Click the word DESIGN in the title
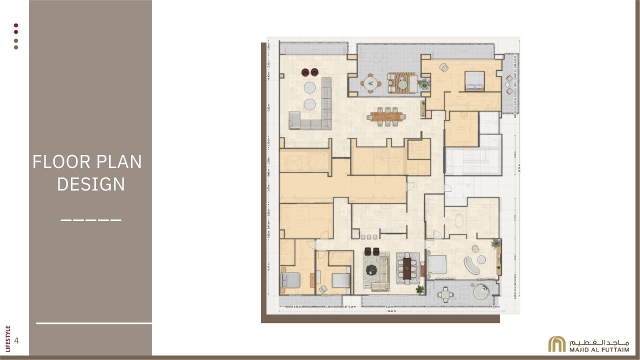tap(90, 184)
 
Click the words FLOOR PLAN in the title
tap(87, 162)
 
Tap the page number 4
tap(17, 341)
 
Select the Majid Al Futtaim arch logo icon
tap(556, 344)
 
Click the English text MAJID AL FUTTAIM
tap(598, 348)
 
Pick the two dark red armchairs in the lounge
tap(310, 72)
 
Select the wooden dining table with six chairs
tap(386, 116)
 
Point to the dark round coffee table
tap(371, 270)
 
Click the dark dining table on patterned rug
tap(407, 268)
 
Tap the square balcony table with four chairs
tap(446, 295)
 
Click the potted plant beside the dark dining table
tap(419, 289)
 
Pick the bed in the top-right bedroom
tap(474, 80)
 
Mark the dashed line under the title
tap(91, 219)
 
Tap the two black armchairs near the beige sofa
tap(372, 250)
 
